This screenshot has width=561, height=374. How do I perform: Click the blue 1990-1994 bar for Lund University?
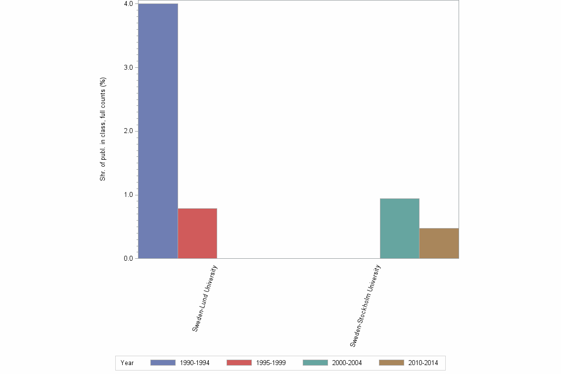click(158, 131)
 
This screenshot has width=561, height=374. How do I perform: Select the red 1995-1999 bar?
click(197, 234)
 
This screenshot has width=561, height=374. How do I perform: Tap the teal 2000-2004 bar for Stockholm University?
click(399, 229)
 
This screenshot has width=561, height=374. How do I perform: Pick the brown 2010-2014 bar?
click(439, 243)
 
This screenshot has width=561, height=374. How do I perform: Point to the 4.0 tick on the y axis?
click(128, 4)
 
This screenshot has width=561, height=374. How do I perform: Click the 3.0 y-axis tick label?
click(128, 67)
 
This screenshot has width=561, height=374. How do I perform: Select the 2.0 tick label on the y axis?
click(128, 131)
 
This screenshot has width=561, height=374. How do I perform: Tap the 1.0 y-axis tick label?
click(128, 195)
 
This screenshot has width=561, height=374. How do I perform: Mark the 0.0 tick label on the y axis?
click(128, 258)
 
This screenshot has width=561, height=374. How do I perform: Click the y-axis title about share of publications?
click(103, 129)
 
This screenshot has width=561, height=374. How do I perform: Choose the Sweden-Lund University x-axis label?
click(205, 298)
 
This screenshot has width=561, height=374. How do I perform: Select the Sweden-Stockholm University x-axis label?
click(366, 305)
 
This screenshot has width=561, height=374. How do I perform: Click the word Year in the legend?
click(127, 363)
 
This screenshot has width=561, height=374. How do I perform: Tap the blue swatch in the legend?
click(163, 363)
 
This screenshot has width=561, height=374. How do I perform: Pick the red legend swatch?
click(239, 363)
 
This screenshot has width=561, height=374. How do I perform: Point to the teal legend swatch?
click(315, 363)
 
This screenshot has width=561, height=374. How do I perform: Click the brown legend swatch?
click(391, 363)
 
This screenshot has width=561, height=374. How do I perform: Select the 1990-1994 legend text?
click(194, 363)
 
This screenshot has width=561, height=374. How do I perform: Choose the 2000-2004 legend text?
click(347, 363)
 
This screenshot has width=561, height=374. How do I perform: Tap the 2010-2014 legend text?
click(423, 363)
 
